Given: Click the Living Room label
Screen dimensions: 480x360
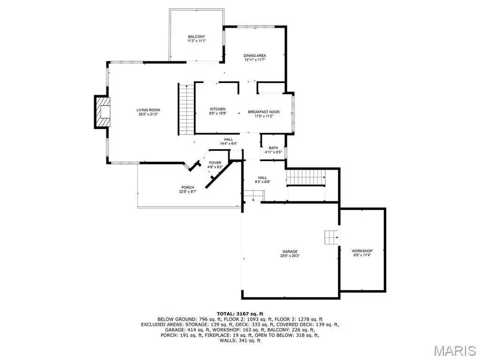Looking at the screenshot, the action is coord(148,110).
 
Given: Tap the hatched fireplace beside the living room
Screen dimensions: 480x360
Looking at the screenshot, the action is coord(103,112).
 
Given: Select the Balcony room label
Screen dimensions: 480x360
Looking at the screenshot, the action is coord(196,37).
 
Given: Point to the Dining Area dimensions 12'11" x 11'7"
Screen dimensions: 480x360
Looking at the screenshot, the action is coord(255,60).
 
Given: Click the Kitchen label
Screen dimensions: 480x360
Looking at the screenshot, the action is coord(217,109).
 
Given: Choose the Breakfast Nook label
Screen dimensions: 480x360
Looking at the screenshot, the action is coord(264,112).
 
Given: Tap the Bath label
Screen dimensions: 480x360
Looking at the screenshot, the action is coord(273,148).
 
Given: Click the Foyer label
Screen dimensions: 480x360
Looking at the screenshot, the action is coord(215,163).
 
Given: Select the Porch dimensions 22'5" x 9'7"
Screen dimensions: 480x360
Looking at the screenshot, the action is coord(187,192).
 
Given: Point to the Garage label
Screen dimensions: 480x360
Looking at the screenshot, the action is coord(290,252).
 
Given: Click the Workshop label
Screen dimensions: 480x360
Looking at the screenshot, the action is coord(362,251).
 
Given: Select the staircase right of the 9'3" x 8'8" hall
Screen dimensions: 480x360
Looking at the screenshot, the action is coord(306,178).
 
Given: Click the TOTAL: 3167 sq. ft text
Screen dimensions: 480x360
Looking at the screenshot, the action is coord(240,314).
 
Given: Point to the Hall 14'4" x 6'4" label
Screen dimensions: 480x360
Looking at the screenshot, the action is coord(228,142).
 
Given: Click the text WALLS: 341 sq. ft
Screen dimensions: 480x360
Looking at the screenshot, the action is coord(240,340).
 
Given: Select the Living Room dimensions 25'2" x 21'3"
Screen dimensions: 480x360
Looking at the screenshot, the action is coord(148,114).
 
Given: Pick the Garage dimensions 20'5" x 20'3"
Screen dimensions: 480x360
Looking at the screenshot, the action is coord(290,255).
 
